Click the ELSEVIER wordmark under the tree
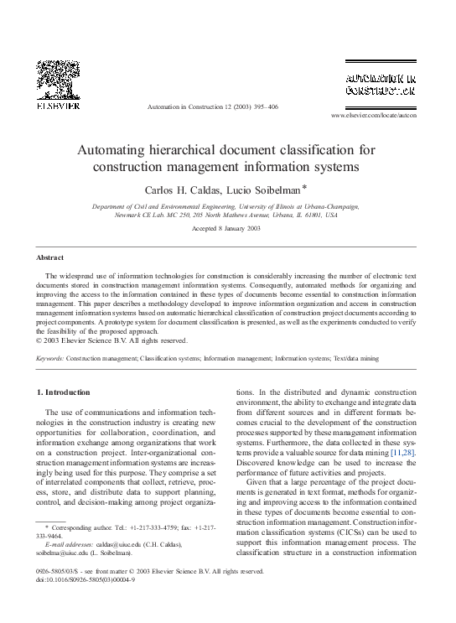[59, 106]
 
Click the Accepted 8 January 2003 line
[226, 229]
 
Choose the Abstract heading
[50, 257]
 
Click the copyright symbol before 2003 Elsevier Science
[42, 340]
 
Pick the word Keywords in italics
[50, 358]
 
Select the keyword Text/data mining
[355, 358]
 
